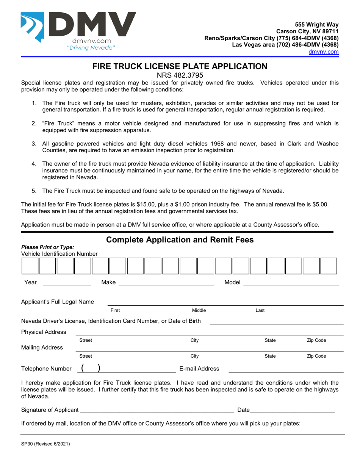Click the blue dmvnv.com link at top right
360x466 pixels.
[x=323, y=52]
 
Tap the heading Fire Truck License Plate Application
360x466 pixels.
[x=180, y=66]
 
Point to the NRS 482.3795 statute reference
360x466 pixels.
[x=180, y=75]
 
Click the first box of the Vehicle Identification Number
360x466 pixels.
[x=30, y=266]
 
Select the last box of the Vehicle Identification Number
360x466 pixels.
[x=329, y=266]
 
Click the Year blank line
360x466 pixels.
[x=66, y=282]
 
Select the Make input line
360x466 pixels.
[x=166, y=282]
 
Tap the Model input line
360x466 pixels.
[x=291, y=282]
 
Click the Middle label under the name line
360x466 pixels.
[x=199, y=310]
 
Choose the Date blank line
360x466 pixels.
[x=292, y=410]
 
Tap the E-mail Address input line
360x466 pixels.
[x=286, y=369]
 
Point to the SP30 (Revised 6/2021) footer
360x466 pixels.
[x=45, y=444]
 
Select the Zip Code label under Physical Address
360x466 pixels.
[x=316, y=341]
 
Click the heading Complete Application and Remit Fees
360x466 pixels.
[x=180, y=240]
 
